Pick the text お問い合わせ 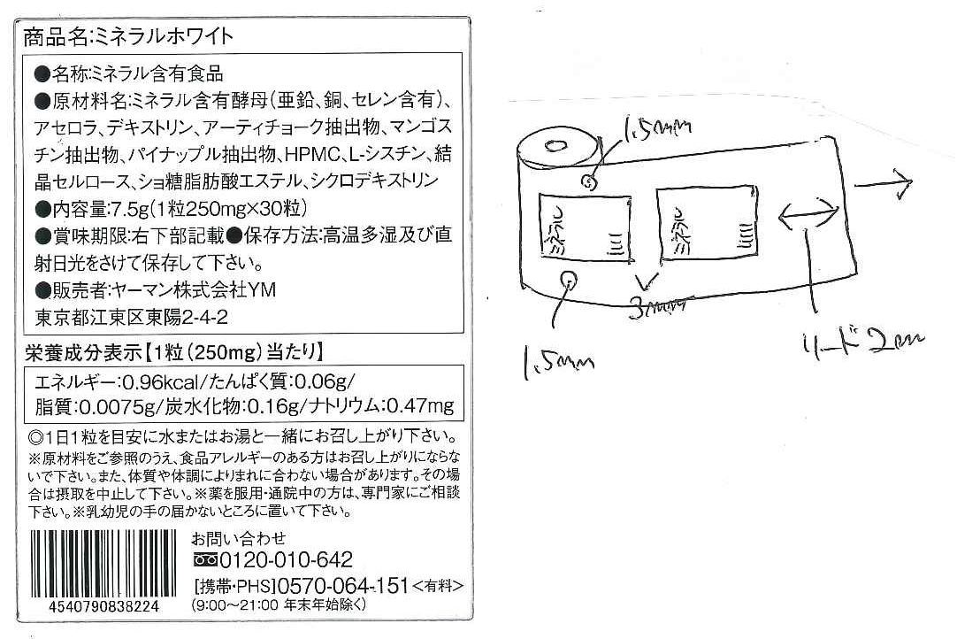click(x=240, y=539)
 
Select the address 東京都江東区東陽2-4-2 click(x=127, y=317)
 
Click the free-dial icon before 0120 click(x=204, y=561)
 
